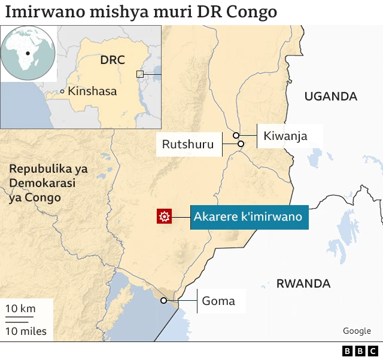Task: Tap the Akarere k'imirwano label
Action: pos(247,216)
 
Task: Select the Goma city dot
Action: pos(163,301)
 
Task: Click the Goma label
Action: pos(218,301)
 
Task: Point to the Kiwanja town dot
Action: pos(236,135)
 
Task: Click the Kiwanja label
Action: pos(285,136)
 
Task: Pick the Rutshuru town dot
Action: pos(241,144)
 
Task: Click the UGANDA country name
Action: pos(330,96)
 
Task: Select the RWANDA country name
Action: pos(303,283)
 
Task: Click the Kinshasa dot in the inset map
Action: pos(62,91)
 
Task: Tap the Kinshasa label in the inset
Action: pos(92,91)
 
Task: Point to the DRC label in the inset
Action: pos(112,60)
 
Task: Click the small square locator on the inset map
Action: pos(140,74)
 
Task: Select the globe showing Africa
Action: pos(28,54)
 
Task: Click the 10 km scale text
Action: pos(20,309)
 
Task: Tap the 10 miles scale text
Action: pos(26,331)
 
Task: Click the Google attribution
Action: pos(357,331)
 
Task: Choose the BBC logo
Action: pos(360,351)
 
